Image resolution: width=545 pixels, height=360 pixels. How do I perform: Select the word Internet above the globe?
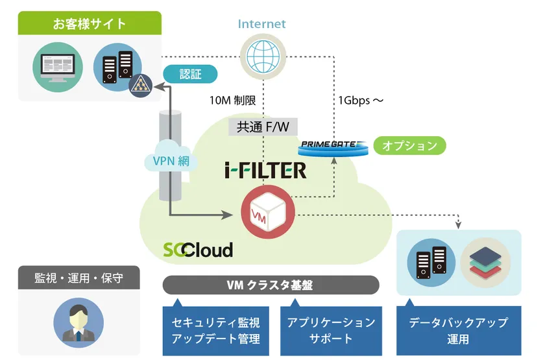tap(262, 24)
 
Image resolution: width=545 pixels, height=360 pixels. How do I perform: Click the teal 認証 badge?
tap(190, 74)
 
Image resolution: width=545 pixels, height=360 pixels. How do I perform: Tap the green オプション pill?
tap(409, 145)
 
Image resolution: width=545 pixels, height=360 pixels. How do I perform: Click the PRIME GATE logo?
tap(333, 147)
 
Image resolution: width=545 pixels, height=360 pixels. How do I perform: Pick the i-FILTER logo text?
tap(266, 171)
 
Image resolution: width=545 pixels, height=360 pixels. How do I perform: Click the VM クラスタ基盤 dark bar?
tap(270, 285)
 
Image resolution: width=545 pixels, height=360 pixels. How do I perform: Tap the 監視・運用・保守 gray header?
tap(79, 278)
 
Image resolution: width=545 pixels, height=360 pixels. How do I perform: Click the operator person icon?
tap(77, 319)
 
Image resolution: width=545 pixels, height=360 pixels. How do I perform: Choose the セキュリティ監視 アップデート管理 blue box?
tap(215, 330)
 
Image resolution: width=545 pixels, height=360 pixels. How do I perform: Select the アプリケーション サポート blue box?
tap(331, 330)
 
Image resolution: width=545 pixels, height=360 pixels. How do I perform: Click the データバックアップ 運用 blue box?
tap(458, 330)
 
